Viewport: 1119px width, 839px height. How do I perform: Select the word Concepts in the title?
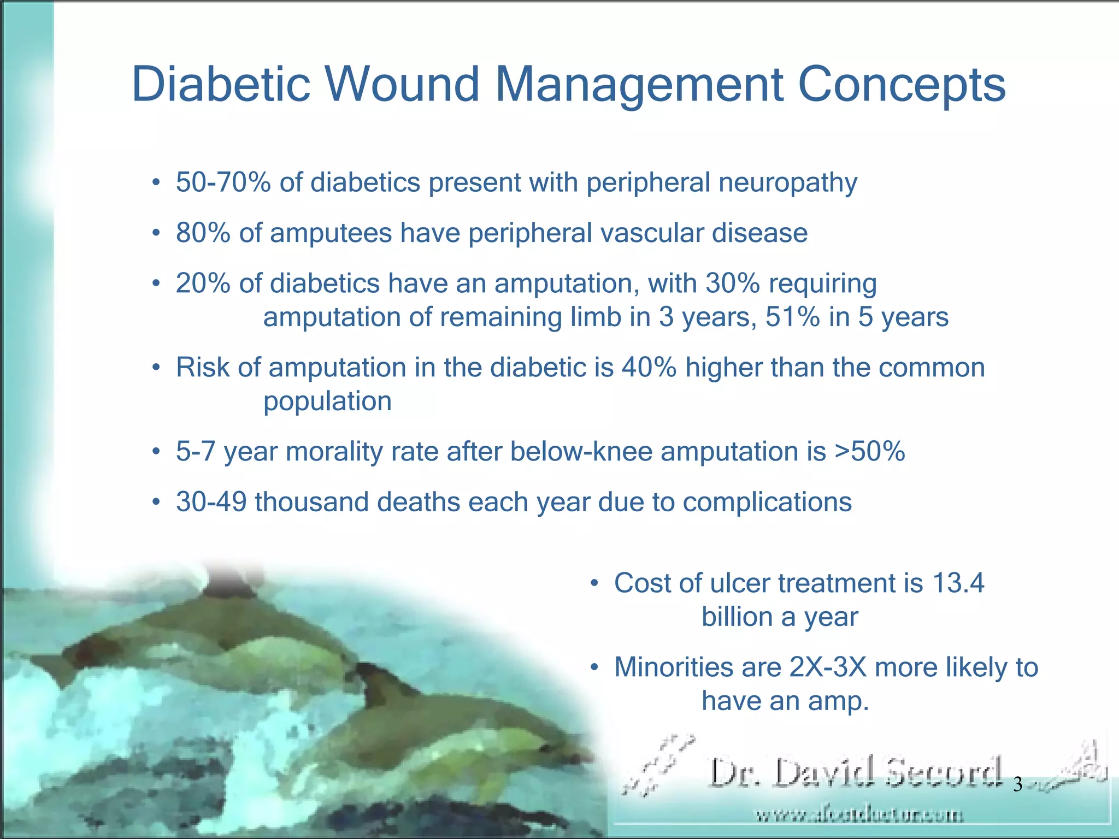[x=902, y=85]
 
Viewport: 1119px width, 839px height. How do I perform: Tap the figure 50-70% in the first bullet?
[x=223, y=182]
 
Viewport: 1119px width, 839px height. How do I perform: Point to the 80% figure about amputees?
[x=203, y=233]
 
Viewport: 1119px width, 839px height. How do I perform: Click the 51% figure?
[x=792, y=317]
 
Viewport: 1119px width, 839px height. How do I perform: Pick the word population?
[x=327, y=402]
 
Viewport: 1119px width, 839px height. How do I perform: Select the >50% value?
[x=869, y=452]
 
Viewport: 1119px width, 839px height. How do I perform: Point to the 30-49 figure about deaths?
[x=211, y=502]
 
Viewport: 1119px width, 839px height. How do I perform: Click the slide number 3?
[x=1017, y=785]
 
